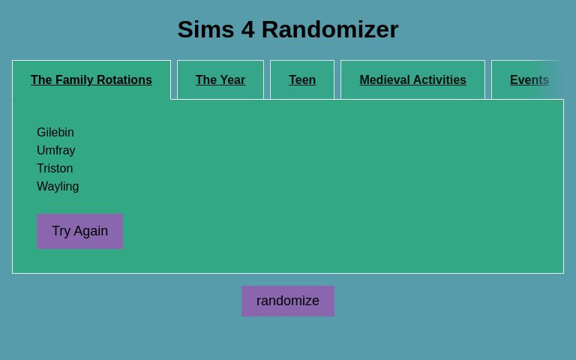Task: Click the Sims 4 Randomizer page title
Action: [x=288, y=30]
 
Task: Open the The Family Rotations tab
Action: [x=91, y=80]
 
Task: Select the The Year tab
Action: [x=220, y=80]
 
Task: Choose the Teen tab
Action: [x=302, y=80]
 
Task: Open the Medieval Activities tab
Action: [x=412, y=80]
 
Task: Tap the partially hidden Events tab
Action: [x=529, y=80]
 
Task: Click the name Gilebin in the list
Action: [x=55, y=133]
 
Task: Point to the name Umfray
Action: [x=56, y=151]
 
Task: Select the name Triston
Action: [x=55, y=169]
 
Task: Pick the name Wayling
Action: [x=58, y=187]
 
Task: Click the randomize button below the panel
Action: [x=288, y=301]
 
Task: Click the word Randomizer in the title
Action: [x=330, y=30]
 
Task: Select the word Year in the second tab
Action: [x=232, y=80]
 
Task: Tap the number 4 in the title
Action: [x=247, y=30]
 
